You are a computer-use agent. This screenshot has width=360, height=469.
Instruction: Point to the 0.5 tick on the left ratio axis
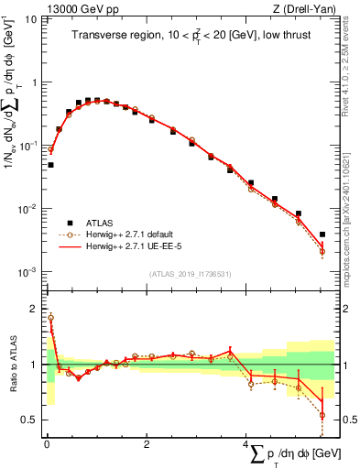click(32, 420)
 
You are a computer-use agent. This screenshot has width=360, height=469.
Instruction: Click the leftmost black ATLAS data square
click(50, 166)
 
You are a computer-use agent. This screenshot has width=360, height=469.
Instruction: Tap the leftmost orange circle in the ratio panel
click(50, 318)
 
